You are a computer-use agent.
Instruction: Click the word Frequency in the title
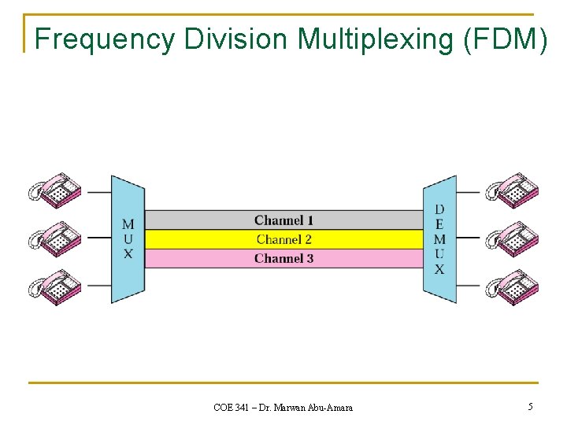[x=104, y=39]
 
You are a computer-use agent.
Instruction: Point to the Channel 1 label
[x=283, y=220]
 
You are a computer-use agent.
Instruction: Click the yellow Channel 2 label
[x=283, y=239]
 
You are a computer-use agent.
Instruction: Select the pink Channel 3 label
[x=283, y=258]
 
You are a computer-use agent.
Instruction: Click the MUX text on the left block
[x=128, y=239]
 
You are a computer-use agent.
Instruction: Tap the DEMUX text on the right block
[x=439, y=239]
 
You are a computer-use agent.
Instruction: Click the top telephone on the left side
[x=56, y=191]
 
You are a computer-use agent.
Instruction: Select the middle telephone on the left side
[x=56, y=238]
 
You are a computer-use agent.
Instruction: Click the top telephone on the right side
[x=512, y=190]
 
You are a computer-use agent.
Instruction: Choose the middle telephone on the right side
[x=512, y=238]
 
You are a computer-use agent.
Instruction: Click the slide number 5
[x=530, y=407]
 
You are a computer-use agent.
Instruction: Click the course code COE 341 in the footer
[x=232, y=408]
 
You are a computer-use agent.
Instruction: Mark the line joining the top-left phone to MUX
[x=98, y=191]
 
